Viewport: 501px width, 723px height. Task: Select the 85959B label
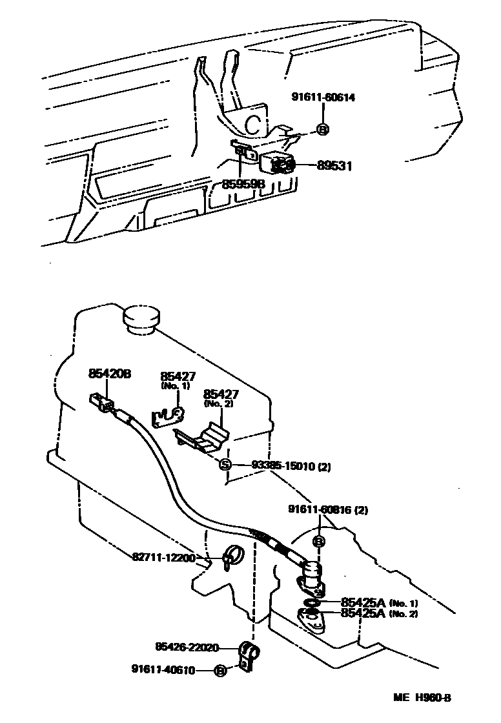[x=243, y=185]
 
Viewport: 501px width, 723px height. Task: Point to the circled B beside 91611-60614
[x=323, y=129]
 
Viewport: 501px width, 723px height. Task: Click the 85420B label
[x=110, y=374]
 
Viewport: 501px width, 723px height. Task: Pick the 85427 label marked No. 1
[x=178, y=376]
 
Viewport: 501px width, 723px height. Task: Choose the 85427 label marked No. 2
[x=221, y=393]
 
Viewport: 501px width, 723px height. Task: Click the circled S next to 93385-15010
[x=224, y=465]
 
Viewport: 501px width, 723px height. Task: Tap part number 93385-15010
[x=282, y=465]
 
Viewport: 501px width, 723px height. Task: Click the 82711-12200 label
[x=164, y=557]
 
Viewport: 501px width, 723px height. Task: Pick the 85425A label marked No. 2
[x=363, y=613]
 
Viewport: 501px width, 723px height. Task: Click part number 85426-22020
[x=187, y=647]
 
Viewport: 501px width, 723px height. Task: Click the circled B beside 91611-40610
[x=220, y=671]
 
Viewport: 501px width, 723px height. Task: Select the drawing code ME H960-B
[x=423, y=698]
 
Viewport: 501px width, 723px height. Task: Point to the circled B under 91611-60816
[x=318, y=541]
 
